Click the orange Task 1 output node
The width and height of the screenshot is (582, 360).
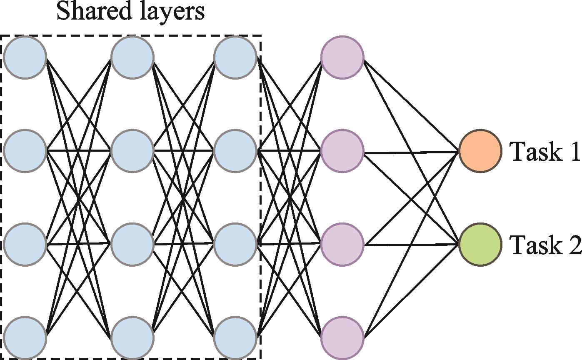pyautogui.click(x=480, y=151)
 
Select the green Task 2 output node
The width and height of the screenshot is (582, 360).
pyautogui.click(x=480, y=245)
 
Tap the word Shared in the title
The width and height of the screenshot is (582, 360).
pyautogui.click(x=91, y=12)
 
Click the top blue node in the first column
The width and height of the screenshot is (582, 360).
pyautogui.click(x=25, y=57)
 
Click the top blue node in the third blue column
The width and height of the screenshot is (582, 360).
pyautogui.click(x=235, y=57)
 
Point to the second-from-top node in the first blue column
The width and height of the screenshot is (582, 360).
pyautogui.click(x=25, y=151)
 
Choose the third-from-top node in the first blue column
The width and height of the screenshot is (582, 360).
pyautogui.click(x=25, y=244)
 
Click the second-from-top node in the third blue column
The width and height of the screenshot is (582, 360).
pyautogui.click(x=235, y=151)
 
